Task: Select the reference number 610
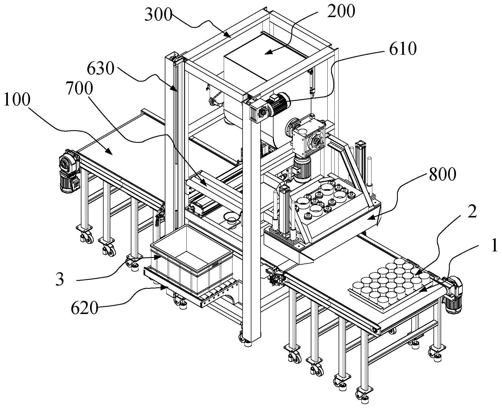(x=403, y=49)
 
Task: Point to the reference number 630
(x=101, y=68)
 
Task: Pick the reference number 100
(x=17, y=100)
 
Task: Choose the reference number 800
(x=442, y=175)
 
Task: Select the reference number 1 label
(x=494, y=246)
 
